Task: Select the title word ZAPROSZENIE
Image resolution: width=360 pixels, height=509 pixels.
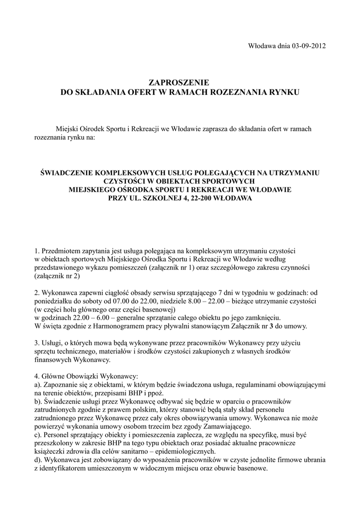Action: pos(180,82)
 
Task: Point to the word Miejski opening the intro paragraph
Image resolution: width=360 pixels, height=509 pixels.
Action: pos(68,129)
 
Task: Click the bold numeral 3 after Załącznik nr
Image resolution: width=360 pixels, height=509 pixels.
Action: pos(284,327)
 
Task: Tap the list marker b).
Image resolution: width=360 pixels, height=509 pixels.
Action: pos(38,401)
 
